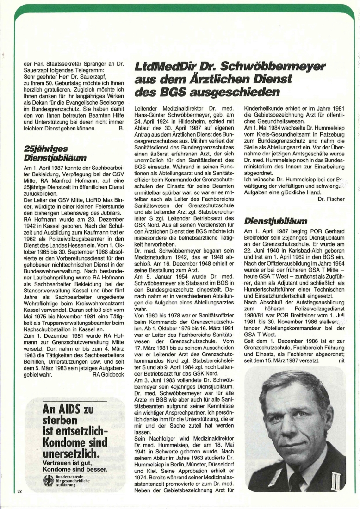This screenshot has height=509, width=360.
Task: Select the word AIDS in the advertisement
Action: (71, 410)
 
